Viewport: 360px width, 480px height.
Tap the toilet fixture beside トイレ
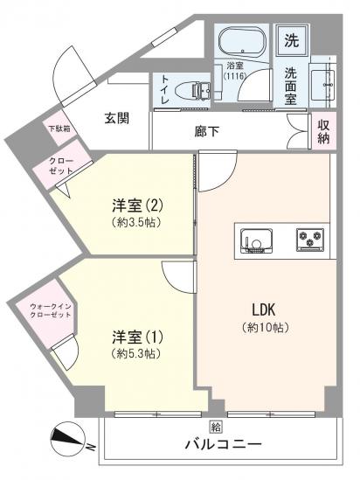coord(195,89)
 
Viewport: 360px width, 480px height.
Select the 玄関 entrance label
coord(118,118)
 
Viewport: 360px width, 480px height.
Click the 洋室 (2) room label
coord(137,206)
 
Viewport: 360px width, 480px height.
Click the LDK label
coord(266,310)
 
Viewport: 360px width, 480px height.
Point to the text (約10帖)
coord(266,327)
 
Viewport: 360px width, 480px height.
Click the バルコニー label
coord(222,444)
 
